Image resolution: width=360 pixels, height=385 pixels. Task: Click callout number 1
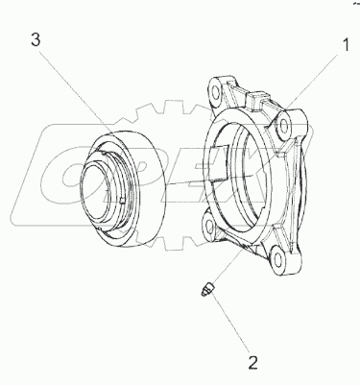pyautogui.click(x=346, y=45)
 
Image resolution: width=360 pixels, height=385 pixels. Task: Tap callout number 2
pyautogui.click(x=252, y=363)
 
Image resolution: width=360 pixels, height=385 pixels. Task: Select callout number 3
pyautogui.click(x=36, y=40)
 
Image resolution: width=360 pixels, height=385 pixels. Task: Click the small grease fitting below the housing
pyautogui.click(x=208, y=288)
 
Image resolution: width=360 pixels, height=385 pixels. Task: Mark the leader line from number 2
pyautogui.click(x=231, y=321)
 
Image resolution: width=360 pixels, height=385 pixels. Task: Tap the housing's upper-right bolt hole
pyautogui.click(x=283, y=128)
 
